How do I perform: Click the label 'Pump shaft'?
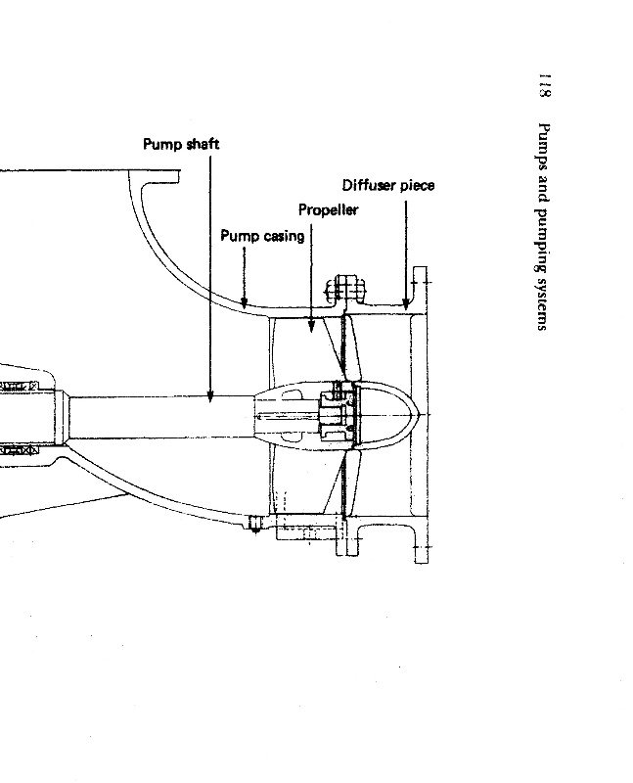[181, 144]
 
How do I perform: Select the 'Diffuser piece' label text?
[388, 185]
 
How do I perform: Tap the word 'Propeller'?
[328, 209]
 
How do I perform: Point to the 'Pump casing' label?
[261, 236]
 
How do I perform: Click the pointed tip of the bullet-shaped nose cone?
[422, 416]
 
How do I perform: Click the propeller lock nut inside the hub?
[334, 416]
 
